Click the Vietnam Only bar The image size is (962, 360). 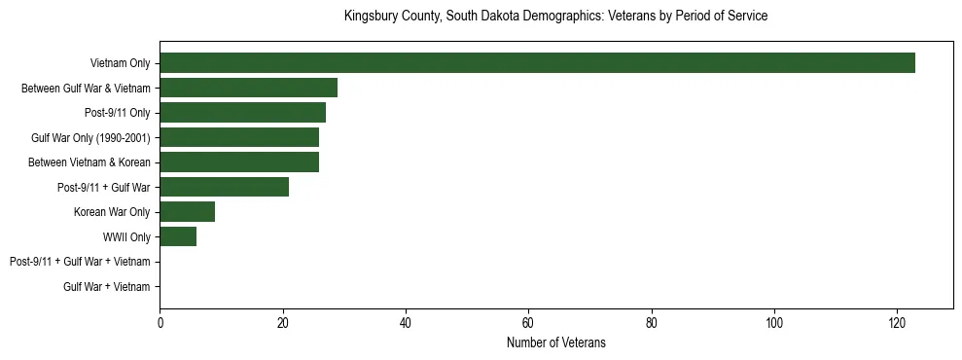tap(537, 63)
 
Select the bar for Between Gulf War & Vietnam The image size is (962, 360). tap(248, 88)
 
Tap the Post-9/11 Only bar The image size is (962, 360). tap(242, 113)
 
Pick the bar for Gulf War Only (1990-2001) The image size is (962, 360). tap(239, 137)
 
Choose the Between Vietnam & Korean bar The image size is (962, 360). tap(239, 162)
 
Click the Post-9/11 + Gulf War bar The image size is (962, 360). tap(224, 187)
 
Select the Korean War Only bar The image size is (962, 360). tap(187, 212)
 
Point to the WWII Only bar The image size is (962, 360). tap(178, 236)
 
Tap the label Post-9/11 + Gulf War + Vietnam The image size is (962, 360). tap(80, 262)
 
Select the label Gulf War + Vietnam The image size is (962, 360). tap(106, 286)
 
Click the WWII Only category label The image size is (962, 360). tap(126, 236)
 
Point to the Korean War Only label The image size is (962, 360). tap(112, 212)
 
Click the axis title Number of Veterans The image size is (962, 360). tap(555, 342)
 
